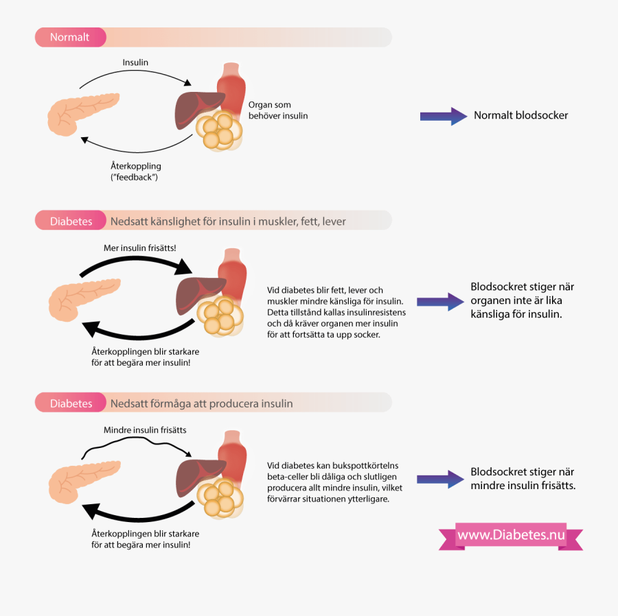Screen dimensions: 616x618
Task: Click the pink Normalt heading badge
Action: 70,37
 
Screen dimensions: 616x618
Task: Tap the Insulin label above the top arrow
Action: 135,62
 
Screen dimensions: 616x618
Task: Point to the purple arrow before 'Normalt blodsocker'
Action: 443,116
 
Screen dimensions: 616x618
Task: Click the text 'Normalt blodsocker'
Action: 520,116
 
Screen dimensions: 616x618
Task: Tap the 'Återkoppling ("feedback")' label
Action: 135,171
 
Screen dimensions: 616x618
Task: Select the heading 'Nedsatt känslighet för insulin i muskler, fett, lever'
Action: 228,222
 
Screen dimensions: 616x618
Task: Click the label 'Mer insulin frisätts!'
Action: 139,248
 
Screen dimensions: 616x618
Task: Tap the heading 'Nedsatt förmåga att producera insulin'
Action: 201,403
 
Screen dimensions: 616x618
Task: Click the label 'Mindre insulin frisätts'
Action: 145,430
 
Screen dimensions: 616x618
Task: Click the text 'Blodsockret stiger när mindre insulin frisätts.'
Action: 523,479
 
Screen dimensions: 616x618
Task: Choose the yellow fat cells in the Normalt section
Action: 218,130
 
